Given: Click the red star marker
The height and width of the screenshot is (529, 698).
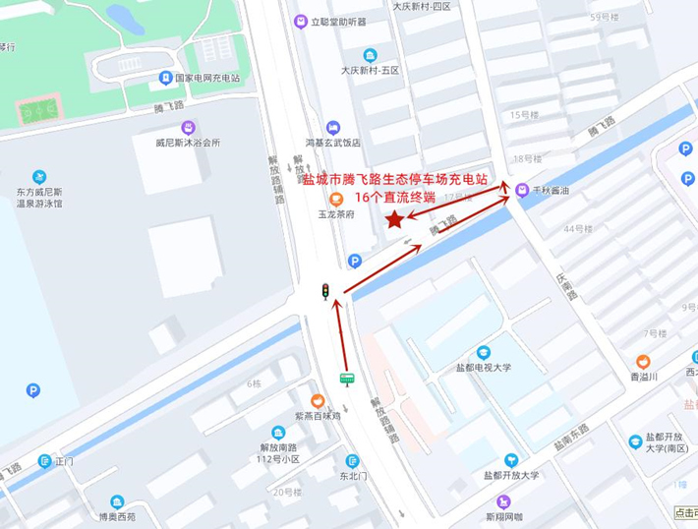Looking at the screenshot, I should pos(394,219).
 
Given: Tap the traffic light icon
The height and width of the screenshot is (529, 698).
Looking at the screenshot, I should pos(325,290).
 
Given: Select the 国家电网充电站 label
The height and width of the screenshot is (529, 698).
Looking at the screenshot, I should pos(207,78).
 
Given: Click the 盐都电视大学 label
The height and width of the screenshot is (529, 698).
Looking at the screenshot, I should pos(484,367).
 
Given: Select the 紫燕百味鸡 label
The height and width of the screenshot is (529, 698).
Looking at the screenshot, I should pos(317,416).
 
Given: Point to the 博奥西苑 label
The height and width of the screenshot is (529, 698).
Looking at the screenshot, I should pos(118,515).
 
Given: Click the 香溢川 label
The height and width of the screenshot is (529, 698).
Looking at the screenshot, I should pos(643,376).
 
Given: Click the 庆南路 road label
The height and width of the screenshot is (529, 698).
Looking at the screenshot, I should pos(563,290).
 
